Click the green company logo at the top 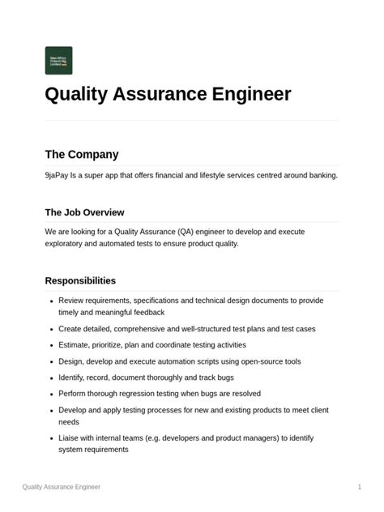(x=58, y=61)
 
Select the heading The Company (x=81, y=155)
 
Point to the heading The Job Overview (x=84, y=212)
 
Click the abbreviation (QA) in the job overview (x=203, y=232)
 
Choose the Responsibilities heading (x=80, y=281)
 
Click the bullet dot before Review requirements (x=51, y=301)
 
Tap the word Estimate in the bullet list (x=75, y=345)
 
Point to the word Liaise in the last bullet (x=70, y=438)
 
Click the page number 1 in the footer (x=359, y=487)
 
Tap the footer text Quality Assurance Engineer (x=62, y=487)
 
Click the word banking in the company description (x=320, y=175)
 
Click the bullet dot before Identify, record (x=51, y=378)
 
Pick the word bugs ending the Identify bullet (x=225, y=378)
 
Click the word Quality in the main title (x=78, y=95)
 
